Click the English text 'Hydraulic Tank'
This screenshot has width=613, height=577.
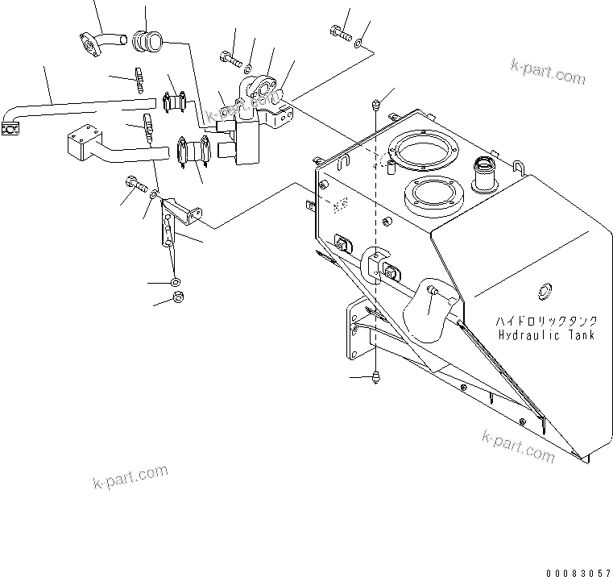point(546,334)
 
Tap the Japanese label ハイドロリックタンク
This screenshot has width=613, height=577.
point(546,321)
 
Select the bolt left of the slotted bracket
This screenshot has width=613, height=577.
point(135,185)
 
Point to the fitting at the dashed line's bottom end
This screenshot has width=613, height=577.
point(376,377)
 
